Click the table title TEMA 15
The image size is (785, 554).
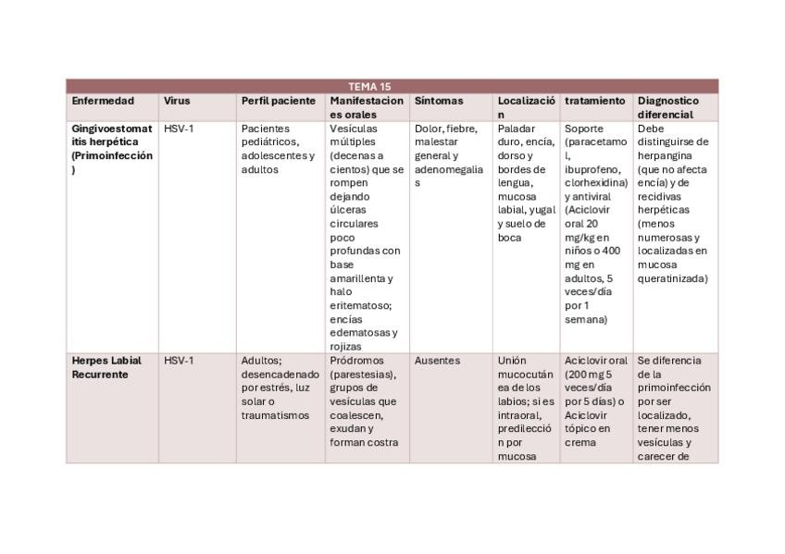click(x=369, y=87)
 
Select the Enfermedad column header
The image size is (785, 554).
click(x=103, y=101)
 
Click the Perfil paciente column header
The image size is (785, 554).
click(x=279, y=101)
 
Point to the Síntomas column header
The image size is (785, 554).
click(x=439, y=101)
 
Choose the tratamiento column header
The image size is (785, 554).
click(x=594, y=101)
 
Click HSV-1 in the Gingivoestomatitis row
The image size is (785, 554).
click(x=179, y=129)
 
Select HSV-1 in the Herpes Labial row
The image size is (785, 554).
click(x=179, y=361)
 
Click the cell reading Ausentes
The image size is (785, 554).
click(x=437, y=361)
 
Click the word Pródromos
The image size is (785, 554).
click(x=355, y=361)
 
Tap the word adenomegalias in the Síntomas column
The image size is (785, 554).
click(x=449, y=170)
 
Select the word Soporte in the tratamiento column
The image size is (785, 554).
click(x=584, y=129)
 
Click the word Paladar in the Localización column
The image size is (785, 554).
click(x=516, y=129)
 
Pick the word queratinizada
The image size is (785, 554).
click(x=672, y=278)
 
